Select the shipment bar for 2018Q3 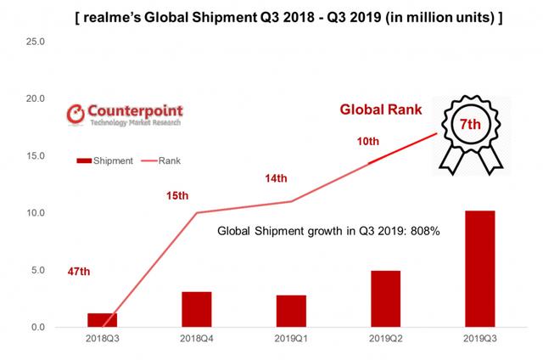[104, 320]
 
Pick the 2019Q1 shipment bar [291, 311]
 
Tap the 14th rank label [277, 179]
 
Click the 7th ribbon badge [470, 132]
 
